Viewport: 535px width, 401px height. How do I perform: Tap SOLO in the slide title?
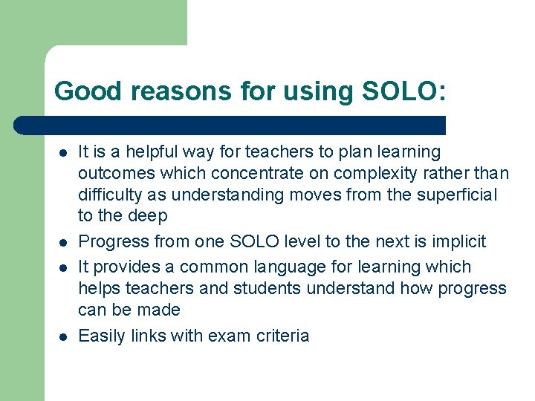pyautogui.click(x=401, y=91)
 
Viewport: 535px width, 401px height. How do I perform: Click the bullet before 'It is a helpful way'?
pyautogui.click(x=63, y=152)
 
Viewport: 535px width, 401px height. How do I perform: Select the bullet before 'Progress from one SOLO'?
pyautogui.click(x=63, y=242)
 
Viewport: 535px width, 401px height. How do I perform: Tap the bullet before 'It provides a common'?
pyautogui.click(x=63, y=267)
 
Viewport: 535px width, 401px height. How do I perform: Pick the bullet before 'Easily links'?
pyautogui.click(x=63, y=336)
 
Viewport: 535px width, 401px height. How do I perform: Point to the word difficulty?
pyautogui.click(x=108, y=195)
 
